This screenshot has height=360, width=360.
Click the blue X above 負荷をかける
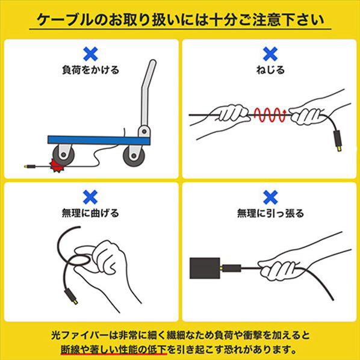tap(90, 54)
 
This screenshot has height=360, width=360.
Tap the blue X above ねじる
tap(270, 54)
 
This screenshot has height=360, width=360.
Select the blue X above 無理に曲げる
tap(90, 197)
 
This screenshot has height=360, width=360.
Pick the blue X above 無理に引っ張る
tap(270, 197)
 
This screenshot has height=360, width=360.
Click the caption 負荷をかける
tap(91, 70)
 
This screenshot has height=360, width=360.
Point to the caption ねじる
tap(270, 70)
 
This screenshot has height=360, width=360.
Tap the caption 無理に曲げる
tap(90, 213)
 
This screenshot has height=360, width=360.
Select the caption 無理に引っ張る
tap(270, 213)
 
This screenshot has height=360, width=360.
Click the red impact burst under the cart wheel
tap(57, 166)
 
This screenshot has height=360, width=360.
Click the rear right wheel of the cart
tap(134, 156)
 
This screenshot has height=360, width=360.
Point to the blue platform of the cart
tap(99, 140)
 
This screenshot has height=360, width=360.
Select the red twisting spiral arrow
tap(270, 114)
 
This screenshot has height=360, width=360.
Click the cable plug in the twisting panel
tap(338, 141)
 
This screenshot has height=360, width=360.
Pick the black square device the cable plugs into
tap(205, 268)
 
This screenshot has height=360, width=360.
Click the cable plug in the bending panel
tap(71, 296)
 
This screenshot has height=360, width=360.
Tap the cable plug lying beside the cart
tap(30, 166)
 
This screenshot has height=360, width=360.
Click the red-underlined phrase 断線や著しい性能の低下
tap(114, 350)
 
